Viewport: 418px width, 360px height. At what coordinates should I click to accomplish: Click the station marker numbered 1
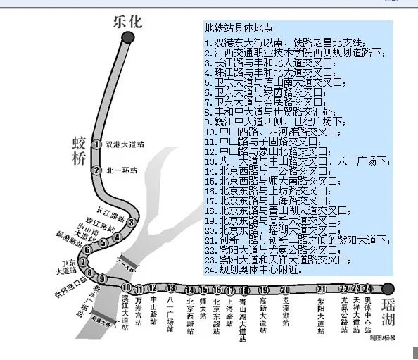[96, 144]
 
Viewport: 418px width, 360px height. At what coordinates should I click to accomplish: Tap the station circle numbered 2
[96, 170]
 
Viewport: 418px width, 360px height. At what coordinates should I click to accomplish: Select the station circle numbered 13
[171, 288]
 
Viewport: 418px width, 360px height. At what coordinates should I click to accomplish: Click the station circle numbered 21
[321, 289]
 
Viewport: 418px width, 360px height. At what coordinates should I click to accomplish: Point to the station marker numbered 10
[127, 287]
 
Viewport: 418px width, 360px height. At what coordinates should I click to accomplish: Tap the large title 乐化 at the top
[127, 22]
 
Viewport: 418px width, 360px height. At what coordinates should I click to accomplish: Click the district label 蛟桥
[78, 150]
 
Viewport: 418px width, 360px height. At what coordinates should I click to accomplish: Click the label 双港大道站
[125, 144]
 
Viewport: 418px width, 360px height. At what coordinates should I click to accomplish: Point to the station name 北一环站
[121, 170]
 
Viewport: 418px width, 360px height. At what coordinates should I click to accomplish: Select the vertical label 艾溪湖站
[285, 311]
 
